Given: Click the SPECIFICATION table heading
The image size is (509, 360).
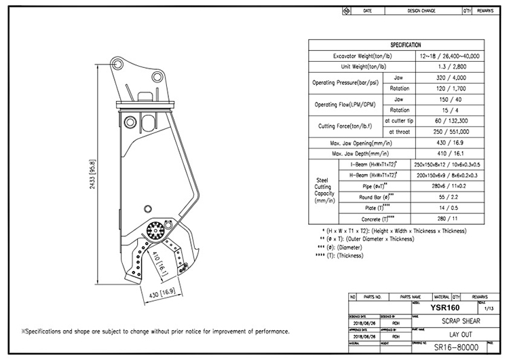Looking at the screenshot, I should [405, 45].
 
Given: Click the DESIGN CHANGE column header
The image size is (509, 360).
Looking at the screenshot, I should [422, 12].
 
